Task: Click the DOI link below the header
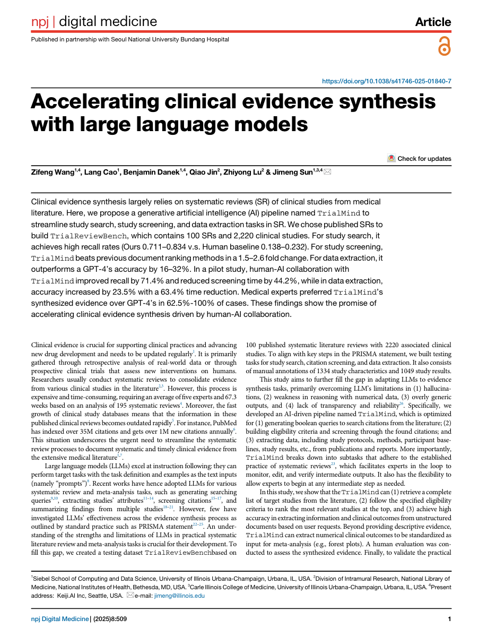click(x=387, y=81)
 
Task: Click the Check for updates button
click(x=420, y=158)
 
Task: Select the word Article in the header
click(x=433, y=22)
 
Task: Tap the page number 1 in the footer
click(x=449, y=619)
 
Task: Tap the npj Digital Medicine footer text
click(x=59, y=619)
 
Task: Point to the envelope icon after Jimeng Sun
click(x=327, y=172)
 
